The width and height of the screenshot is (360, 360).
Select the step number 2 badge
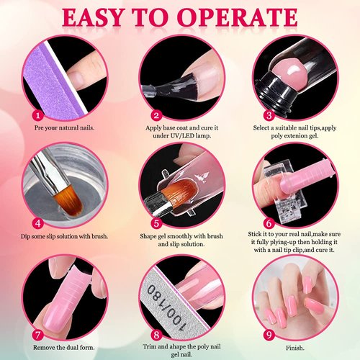(156, 114)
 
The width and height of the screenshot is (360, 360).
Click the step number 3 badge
(268, 114)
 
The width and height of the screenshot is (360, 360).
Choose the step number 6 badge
(268, 224)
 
